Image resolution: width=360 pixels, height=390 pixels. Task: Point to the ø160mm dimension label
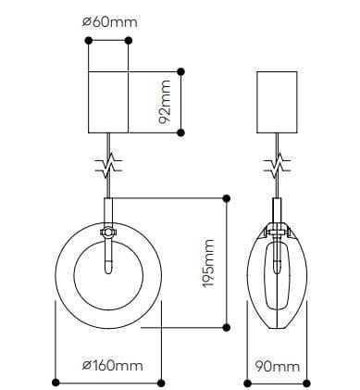[109, 366]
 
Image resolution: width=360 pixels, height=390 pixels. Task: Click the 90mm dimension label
[276, 366]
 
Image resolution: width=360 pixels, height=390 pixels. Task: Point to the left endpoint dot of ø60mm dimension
[88, 40]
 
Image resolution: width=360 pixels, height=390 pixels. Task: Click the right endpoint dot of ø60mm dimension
[129, 40]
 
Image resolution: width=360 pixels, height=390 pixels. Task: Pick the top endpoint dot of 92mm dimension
[181, 68]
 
